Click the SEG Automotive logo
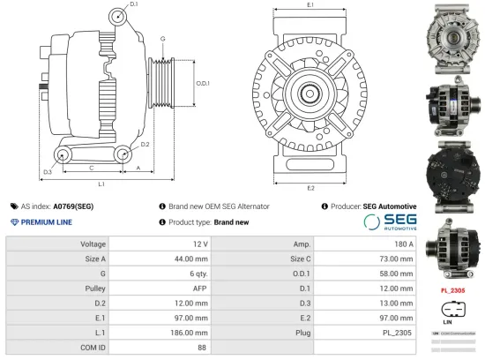coord(390,221)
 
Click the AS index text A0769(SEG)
coord(72,206)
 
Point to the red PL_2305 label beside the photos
coord(452,289)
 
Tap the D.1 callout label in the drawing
coord(134,5)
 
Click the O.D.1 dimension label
coord(202,84)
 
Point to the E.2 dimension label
coord(310,188)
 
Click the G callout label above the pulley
coord(162,40)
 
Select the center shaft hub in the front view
coord(310,94)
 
